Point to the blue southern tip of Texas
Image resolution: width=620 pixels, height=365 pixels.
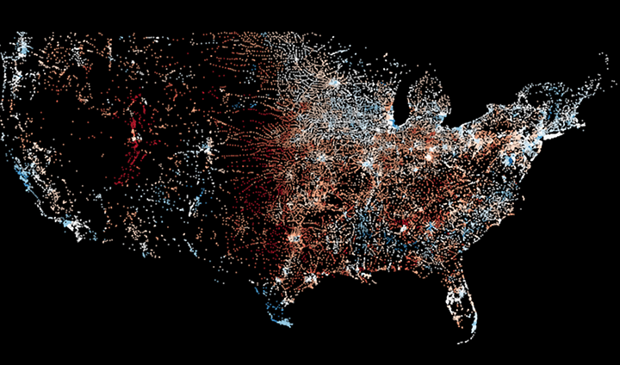[x=283, y=323]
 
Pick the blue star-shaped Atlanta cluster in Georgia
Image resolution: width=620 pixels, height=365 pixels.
[x=428, y=227]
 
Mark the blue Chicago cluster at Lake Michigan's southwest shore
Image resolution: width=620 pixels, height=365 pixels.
[x=399, y=127]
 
